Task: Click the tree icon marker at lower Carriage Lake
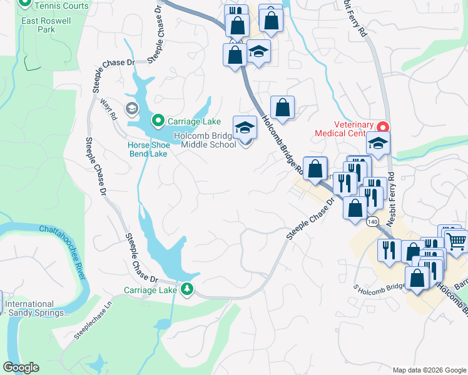pos(186,289)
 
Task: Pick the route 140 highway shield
pos(373,222)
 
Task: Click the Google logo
pos(21,367)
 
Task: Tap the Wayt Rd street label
pos(109,111)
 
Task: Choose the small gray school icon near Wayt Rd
pos(131,109)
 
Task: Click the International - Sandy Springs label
pos(37,308)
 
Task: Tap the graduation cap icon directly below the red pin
pos(378,143)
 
